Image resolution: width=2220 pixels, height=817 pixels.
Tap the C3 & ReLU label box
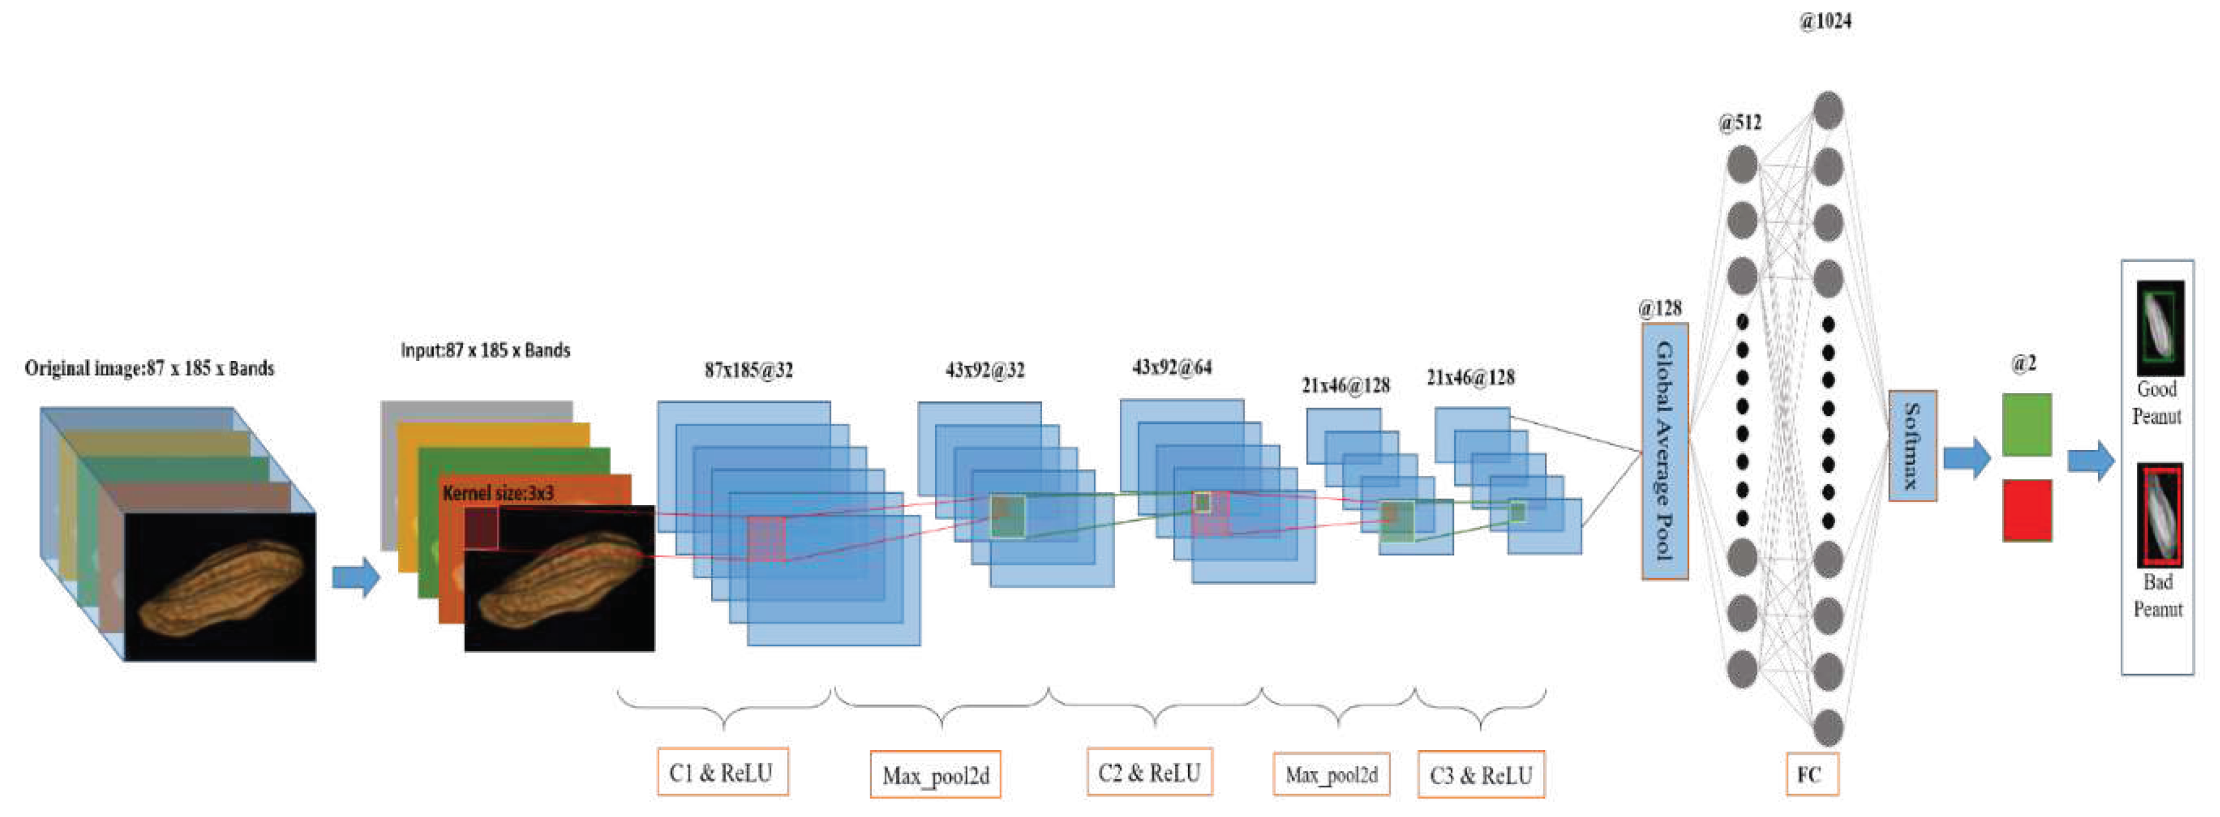pyautogui.click(x=1481, y=775)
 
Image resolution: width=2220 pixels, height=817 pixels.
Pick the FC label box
pyautogui.click(x=1811, y=774)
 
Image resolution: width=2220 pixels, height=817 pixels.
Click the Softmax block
pyautogui.click(x=1912, y=445)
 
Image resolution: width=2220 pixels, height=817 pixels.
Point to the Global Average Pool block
pyautogui.click(x=1664, y=451)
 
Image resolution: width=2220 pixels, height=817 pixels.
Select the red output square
pyautogui.click(x=2026, y=510)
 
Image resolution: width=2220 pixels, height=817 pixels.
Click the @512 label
pyautogui.click(x=1739, y=122)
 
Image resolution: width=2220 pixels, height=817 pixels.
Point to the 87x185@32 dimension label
pyautogui.click(x=748, y=370)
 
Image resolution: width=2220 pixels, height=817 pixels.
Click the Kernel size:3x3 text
pyautogui.click(x=498, y=493)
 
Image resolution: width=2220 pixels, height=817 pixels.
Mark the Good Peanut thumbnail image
pyautogui.click(x=2160, y=327)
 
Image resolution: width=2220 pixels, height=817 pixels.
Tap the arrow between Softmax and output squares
pyautogui.click(x=1966, y=458)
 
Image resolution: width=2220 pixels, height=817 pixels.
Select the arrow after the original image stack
pyautogui.click(x=355, y=576)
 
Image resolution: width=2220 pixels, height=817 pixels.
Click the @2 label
pyautogui.click(x=2024, y=364)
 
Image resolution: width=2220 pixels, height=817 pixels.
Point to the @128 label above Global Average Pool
pyautogui.click(x=1659, y=308)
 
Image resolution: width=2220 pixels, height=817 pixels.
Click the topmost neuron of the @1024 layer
pyautogui.click(x=1828, y=110)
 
